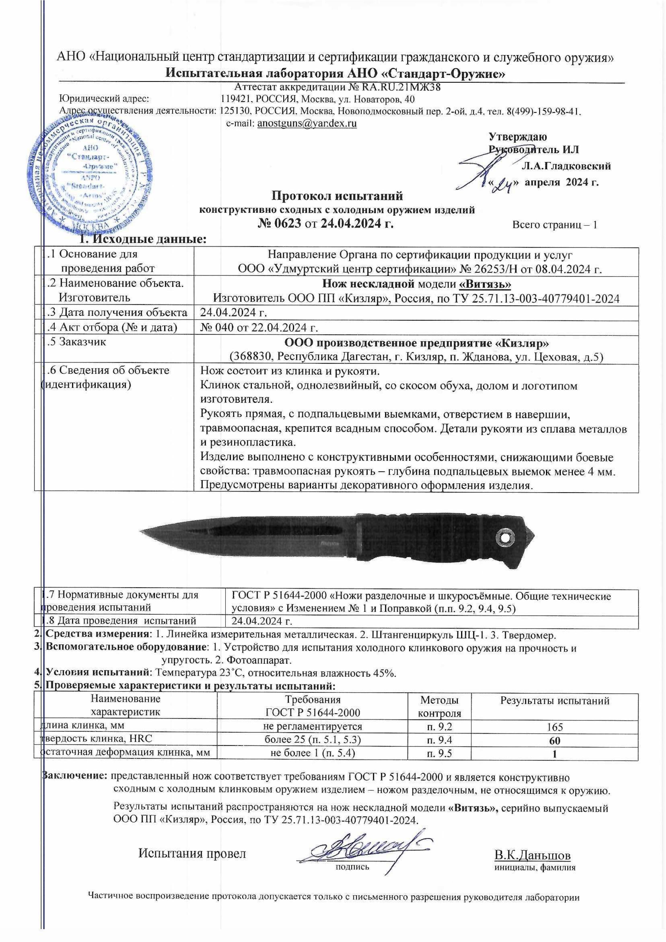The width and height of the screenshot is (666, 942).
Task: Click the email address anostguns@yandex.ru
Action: coord(307,124)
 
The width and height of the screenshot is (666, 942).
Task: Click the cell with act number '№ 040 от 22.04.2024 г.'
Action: coord(259,327)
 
